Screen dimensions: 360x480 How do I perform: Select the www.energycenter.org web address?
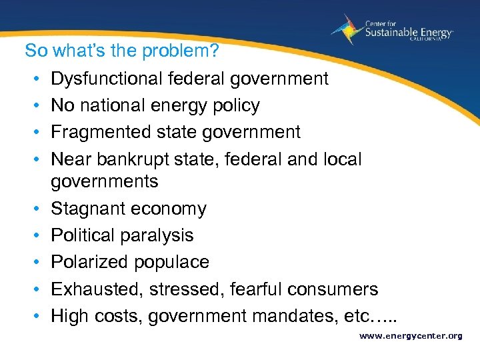pyautogui.click(x=410, y=336)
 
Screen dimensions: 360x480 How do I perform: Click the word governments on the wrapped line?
pyautogui.click(x=105, y=181)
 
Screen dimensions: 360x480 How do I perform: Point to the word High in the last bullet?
pyautogui.click(x=69, y=315)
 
